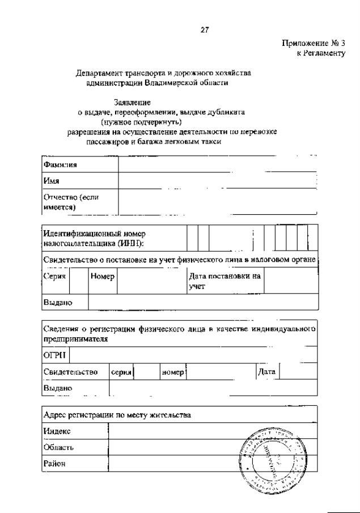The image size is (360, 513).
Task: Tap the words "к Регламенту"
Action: pos(320,53)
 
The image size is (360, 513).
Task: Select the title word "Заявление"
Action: pos(132,103)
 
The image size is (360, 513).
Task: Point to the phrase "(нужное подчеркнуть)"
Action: pos(141,121)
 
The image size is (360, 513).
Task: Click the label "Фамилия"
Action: pos(60,164)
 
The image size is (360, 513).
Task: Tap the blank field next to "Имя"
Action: pos(217,181)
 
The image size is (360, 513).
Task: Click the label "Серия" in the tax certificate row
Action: pos(55,276)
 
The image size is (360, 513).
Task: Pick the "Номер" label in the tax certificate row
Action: pos(103,276)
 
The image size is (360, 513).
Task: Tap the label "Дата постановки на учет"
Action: pos(225,281)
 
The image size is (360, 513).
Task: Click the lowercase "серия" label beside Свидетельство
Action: pos(121,372)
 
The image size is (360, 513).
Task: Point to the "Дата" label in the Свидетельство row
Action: pos(266,372)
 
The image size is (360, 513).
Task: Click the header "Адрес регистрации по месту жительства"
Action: pos(117,415)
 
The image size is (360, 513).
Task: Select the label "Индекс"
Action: pos(57,431)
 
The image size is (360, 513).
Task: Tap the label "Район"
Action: pos(55,464)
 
